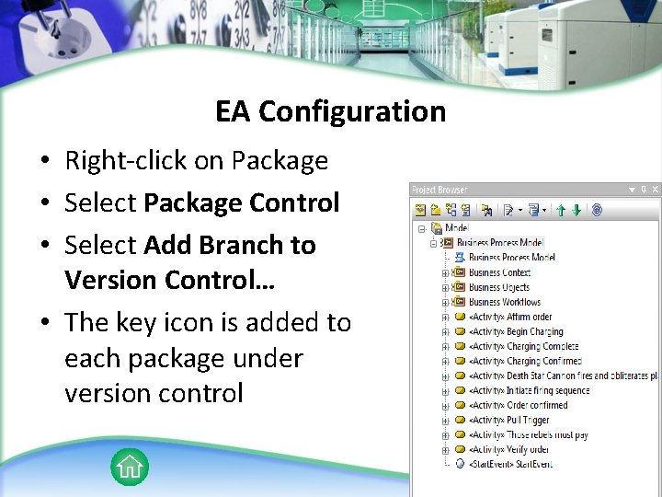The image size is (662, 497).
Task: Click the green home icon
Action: pyautogui.click(x=130, y=467)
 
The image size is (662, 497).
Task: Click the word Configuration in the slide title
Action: pyautogui.click(x=352, y=112)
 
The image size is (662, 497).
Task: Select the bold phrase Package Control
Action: pyautogui.click(x=242, y=202)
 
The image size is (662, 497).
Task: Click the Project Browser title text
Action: pyautogui.click(x=439, y=190)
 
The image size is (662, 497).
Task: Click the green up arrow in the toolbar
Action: pyautogui.click(x=561, y=211)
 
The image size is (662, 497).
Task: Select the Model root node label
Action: pyautogui.click(x=457, y=228)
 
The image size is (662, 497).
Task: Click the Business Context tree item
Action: pyautogui.click(x=499, y=272)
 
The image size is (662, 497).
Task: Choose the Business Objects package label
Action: pyautogui.click(x=498, y=287)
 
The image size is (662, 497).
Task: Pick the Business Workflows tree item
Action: pyautogui.click(x=504, y=302)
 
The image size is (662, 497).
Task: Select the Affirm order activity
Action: pyautogui.click(x=510, y=317)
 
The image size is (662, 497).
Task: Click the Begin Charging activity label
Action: pyautogui.click(x=516, y=331)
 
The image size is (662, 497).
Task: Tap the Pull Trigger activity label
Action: pyautogui.click(x=509, y=420)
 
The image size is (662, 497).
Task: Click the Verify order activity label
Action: pyautogui.click(x=509, y=449)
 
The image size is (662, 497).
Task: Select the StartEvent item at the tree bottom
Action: pyautogui.click(x=510, y=464)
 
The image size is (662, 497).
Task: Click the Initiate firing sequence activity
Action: pyautogui.click(x=529, y=390)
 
